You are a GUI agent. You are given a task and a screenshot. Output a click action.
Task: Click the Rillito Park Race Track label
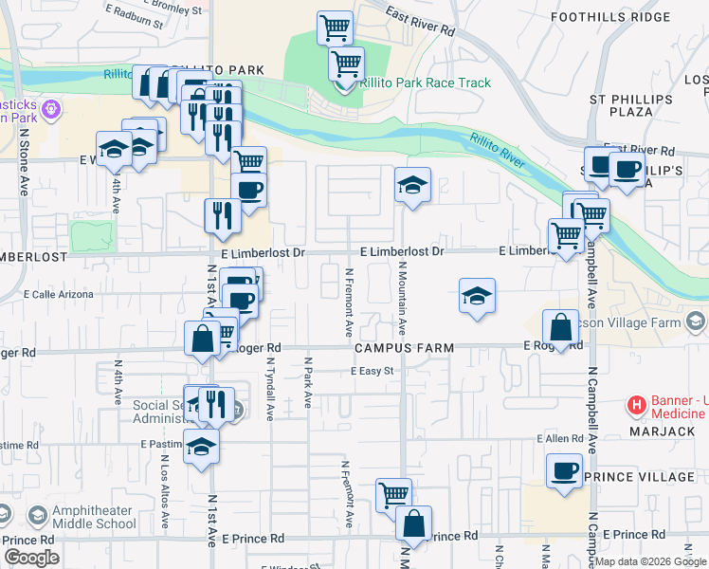(x=425, y=83)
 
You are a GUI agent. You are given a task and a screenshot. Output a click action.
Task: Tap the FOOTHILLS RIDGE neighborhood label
(x=643, y=18)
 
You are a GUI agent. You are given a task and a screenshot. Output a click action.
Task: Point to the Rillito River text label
(x=496, y=151)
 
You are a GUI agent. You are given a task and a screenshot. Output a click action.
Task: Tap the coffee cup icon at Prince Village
(x=565, y=472)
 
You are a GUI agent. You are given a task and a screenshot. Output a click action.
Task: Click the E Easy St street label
(x=371, y=371)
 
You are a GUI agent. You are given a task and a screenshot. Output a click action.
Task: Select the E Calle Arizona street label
(x=58, y=295)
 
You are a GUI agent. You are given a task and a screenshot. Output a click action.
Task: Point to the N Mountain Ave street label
(x=402, y=300)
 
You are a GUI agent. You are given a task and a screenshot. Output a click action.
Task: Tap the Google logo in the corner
(x=31, y=558)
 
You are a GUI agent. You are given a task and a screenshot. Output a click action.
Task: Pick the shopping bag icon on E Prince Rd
(x=413, y=523)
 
